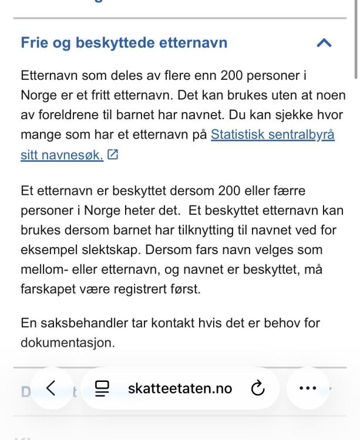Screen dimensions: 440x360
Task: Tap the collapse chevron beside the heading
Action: (324, 43)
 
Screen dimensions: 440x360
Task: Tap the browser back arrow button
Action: (51, 388)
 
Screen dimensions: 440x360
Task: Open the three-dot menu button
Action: (308, 388)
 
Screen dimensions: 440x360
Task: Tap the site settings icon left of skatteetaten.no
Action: (103, 388)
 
